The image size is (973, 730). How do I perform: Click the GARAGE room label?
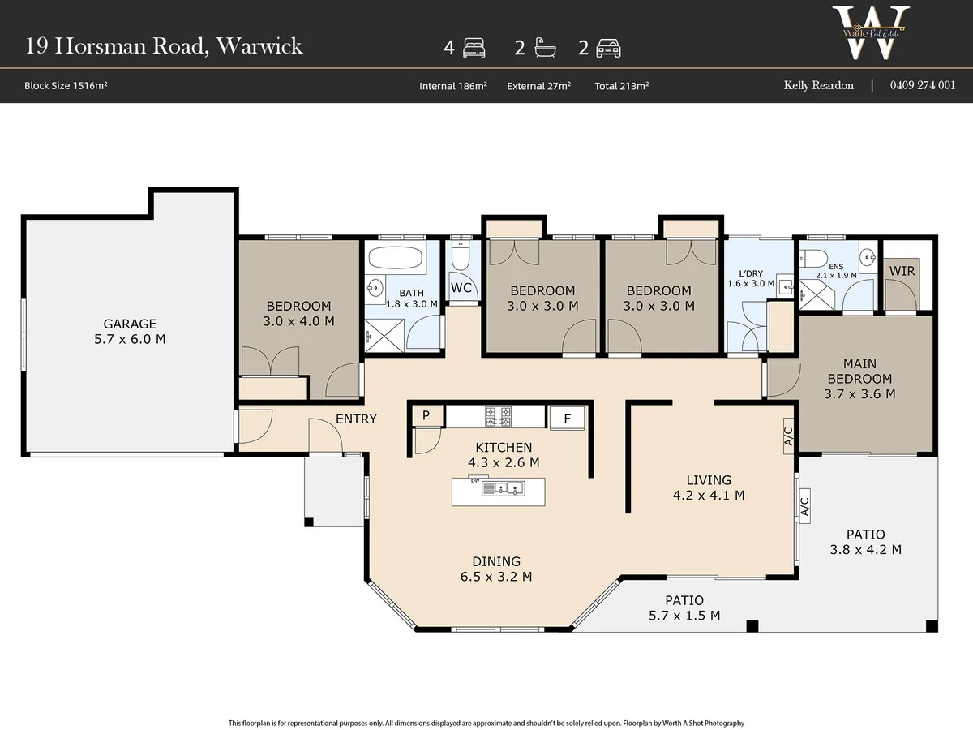pyautogui.click(x=130, y=324)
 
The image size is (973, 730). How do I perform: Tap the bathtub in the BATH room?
pyautogui.click(x=396, y=257)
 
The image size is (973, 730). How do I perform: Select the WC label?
pyautogui.click(x=461, y=288)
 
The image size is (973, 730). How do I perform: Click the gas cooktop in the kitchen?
pyautogui.click(x=498, y=417)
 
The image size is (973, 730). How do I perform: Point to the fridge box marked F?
pyautogui.click(x=567, y=419)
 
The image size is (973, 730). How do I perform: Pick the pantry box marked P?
pyautogui.click(x=426, y=415)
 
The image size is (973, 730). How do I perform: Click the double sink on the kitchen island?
pyautogui.click(x=504, y=488)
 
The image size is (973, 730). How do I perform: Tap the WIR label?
pyautogui.click(x=902, y=271)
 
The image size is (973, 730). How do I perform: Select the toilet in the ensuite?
pyautogui.click(x=813, y=258)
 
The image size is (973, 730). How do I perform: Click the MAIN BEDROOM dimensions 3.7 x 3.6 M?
pyautogui.click(x=859, y=394)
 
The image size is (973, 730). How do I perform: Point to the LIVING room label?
pyautogui.click(x=709, y=480)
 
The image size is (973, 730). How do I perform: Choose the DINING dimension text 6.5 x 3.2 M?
pyautogui.click(x=496, y=577)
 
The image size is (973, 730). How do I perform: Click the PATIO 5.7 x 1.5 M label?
pyautogui.click(x=684, y=608)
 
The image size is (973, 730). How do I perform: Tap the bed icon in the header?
pyautogui.click(x=474, y=48)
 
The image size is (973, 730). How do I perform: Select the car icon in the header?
pyautogui.click(x=608, y=49)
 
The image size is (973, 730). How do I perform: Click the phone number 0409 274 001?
pyautogui.click(x=923, y=85)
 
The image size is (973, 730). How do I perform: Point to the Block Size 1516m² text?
pyautogui.click(x=66, y=85)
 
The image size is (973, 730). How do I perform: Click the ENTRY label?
pyautogui.click(x=356, y=419)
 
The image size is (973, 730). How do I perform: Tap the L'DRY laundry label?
pyautogui.click(x=751, y=274)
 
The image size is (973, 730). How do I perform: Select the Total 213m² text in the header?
pyautogui.click(x=621, y=86)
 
